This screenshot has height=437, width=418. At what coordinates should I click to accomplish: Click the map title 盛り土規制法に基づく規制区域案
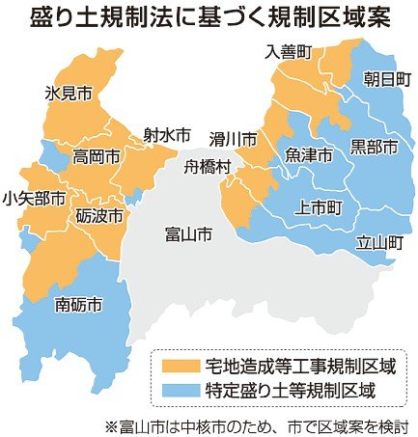tap(209, 17)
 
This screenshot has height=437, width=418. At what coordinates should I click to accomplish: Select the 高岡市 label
tap(98, 154)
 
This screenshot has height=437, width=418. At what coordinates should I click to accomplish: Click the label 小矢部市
tap(35, 199)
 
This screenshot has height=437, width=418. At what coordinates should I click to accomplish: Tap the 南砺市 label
tap(80, 305)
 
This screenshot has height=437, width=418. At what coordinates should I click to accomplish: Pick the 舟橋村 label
tap(209, 166)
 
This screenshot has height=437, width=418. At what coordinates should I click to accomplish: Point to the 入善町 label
tap(289, 52)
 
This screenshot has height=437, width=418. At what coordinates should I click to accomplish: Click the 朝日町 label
tap(384, 80)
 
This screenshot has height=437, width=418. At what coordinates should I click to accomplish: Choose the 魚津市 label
tap(309, 154)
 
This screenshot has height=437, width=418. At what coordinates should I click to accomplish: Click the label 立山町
tap(377, 242)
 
